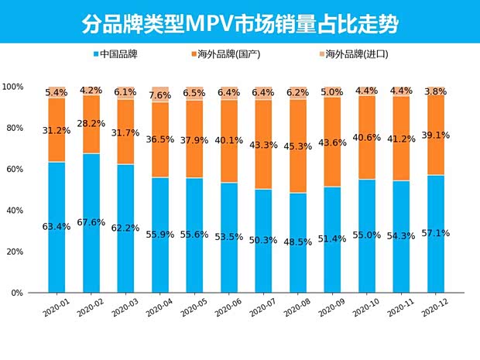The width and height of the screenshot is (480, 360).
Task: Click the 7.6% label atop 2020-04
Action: tap(160, 96)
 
